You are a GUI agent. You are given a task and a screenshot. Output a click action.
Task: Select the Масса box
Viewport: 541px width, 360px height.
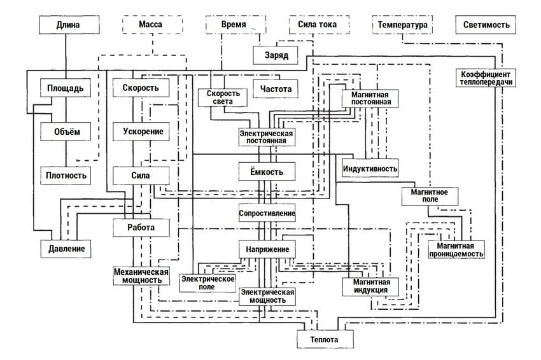[x=151, y=25]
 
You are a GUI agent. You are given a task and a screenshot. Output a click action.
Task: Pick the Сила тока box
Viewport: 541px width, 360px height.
[x=317, y=25]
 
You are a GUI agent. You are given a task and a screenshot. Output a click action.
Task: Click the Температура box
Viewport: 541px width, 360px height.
[x=402, y=25]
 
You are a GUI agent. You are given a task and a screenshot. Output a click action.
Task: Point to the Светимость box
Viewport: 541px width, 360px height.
[x=487, y=25]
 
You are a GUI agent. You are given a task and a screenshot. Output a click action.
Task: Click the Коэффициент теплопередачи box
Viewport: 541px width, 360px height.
[x=487, y=78]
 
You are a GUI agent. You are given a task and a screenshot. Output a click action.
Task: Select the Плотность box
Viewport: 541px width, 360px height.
[x=65, y=174]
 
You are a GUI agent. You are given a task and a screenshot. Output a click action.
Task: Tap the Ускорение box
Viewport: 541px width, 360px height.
[x=141, y=132]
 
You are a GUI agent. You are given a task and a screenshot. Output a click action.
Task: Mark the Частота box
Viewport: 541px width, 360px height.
[x=276, y=89]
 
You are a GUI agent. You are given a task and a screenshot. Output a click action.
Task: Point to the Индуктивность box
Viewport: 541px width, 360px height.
[x=370, y=169]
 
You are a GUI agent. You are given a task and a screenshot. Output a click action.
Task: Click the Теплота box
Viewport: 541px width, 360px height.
[x=324, y=340]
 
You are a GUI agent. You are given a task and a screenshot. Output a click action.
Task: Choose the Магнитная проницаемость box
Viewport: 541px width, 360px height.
[x=456, y=249]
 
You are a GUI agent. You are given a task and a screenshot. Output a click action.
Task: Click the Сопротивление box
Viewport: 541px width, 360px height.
[x=267, y=212]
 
